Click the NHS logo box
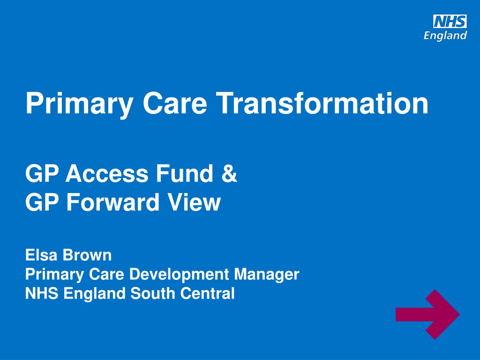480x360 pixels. (x=450, y=22)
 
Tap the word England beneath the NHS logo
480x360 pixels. (x=445, y=36)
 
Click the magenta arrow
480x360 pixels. (x=427, y=315)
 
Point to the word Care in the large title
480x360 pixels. (x=175, y=103)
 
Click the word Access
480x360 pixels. (x=107, y=173)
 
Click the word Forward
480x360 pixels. (x=113, y=202)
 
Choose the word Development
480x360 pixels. (x=179, y=274)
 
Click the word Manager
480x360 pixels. (x=267, y=274)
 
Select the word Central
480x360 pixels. (x=207, y=293)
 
